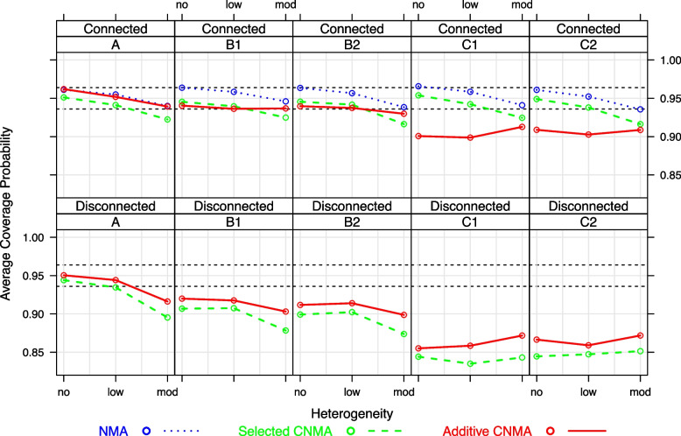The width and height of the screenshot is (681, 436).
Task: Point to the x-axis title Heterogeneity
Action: [x=351, y=409]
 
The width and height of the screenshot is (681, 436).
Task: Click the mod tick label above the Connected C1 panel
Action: [x=522, y=5]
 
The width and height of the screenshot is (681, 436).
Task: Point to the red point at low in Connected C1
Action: [x=470, y=137]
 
